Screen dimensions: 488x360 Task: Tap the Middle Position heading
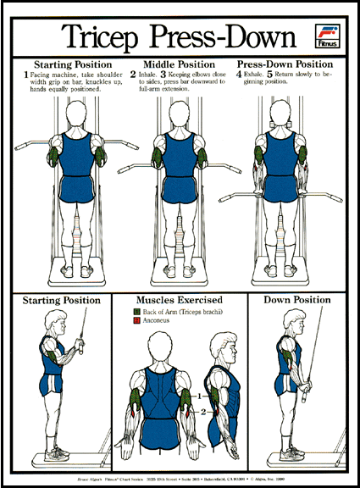point(179,64)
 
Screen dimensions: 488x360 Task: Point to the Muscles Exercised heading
point(180,300)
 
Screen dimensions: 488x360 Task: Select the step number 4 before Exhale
point(240,75)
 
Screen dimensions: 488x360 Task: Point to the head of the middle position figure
point(180,115)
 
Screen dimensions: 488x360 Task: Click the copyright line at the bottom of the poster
point(180,476)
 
